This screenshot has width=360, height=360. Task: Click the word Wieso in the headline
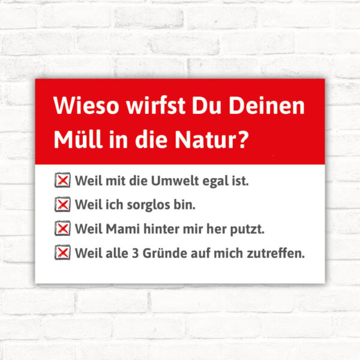86,106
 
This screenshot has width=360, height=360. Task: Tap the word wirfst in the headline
155,106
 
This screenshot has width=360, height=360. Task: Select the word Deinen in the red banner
267,106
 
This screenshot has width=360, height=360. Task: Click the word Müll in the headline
78,139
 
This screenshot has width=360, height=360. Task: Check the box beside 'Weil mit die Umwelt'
62,180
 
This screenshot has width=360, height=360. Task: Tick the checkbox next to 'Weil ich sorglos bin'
62,204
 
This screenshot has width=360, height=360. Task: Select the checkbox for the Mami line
62,228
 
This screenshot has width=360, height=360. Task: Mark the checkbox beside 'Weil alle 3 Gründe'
62,253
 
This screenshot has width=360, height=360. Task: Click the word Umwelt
175,181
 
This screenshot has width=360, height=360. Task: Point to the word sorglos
148,205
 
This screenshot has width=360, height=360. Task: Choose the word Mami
123,229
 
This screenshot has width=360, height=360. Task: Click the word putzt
247,230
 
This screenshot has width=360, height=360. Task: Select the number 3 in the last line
136,253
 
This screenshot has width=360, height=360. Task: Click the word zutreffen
276,253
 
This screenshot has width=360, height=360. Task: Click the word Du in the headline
206,106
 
